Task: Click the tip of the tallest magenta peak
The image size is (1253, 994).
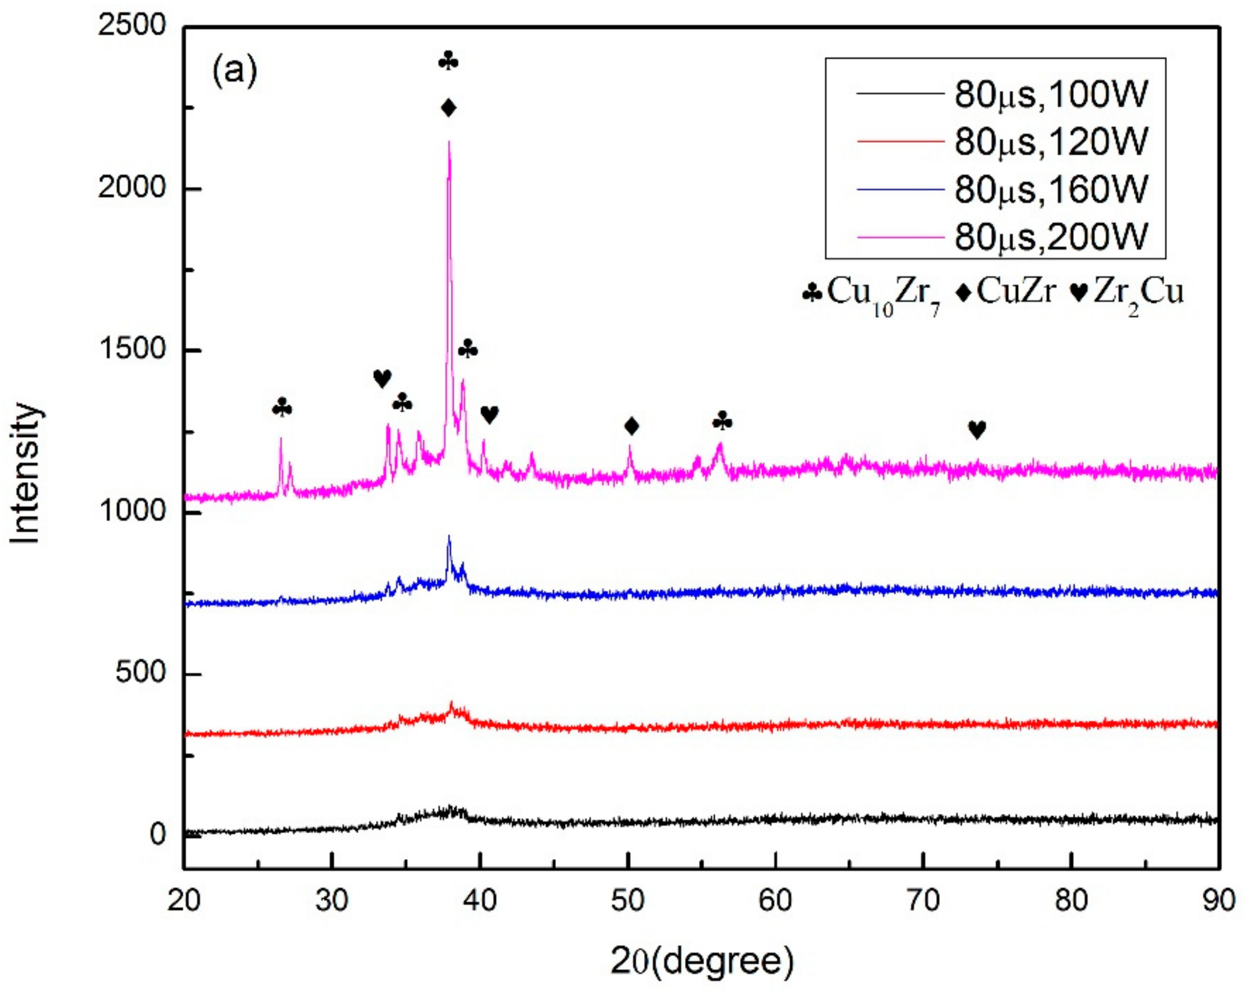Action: pos(449,142)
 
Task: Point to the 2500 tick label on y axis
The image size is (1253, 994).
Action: pos(132,26)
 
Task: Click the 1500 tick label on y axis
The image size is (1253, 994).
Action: pos(132,349)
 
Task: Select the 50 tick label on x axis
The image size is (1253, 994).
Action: pos(628,900)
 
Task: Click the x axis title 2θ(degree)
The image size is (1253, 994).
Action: pos(701,960)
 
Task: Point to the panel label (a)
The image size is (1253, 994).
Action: pos(234,72)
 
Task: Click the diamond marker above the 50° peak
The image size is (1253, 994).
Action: pos(631,426)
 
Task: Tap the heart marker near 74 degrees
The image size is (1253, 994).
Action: pos(977,430)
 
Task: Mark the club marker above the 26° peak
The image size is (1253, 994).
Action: pos(283,408)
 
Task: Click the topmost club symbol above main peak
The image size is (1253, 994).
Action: pos(449,61)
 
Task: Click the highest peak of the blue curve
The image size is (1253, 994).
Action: pos(449,537)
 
